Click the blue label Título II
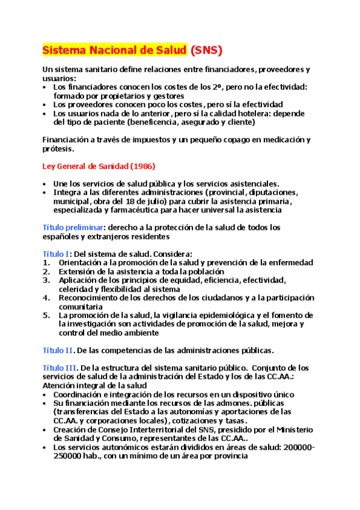pyautogui.click(x=58, y=350)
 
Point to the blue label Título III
pyautogui.click(x=59, y=367)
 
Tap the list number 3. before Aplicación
pyautogui.click(x=46, y=280)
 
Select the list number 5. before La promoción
pyautogui.click(x=46, y=315)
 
